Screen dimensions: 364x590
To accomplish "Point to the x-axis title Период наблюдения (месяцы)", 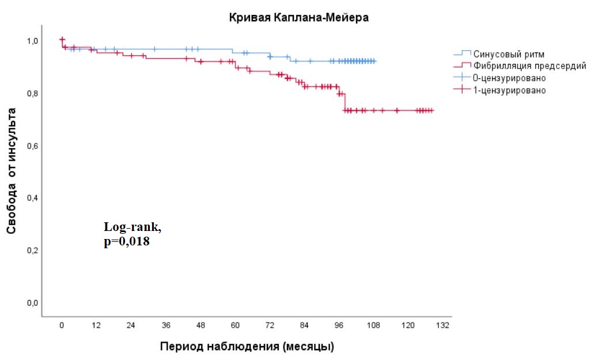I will [x=247, y=347].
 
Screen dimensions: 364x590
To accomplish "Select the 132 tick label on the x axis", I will [x=442, y=325].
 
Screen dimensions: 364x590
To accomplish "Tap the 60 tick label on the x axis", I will [x=235, y=325].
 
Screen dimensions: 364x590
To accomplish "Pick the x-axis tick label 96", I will [x=339, y=325].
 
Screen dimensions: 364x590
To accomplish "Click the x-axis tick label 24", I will [x=131, y=325].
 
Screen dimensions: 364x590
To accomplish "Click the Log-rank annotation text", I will [x=133, y=228].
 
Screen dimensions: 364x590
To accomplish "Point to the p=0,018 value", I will [x=126, y=242].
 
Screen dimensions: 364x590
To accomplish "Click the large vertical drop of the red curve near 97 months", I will [x=344, y=101].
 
